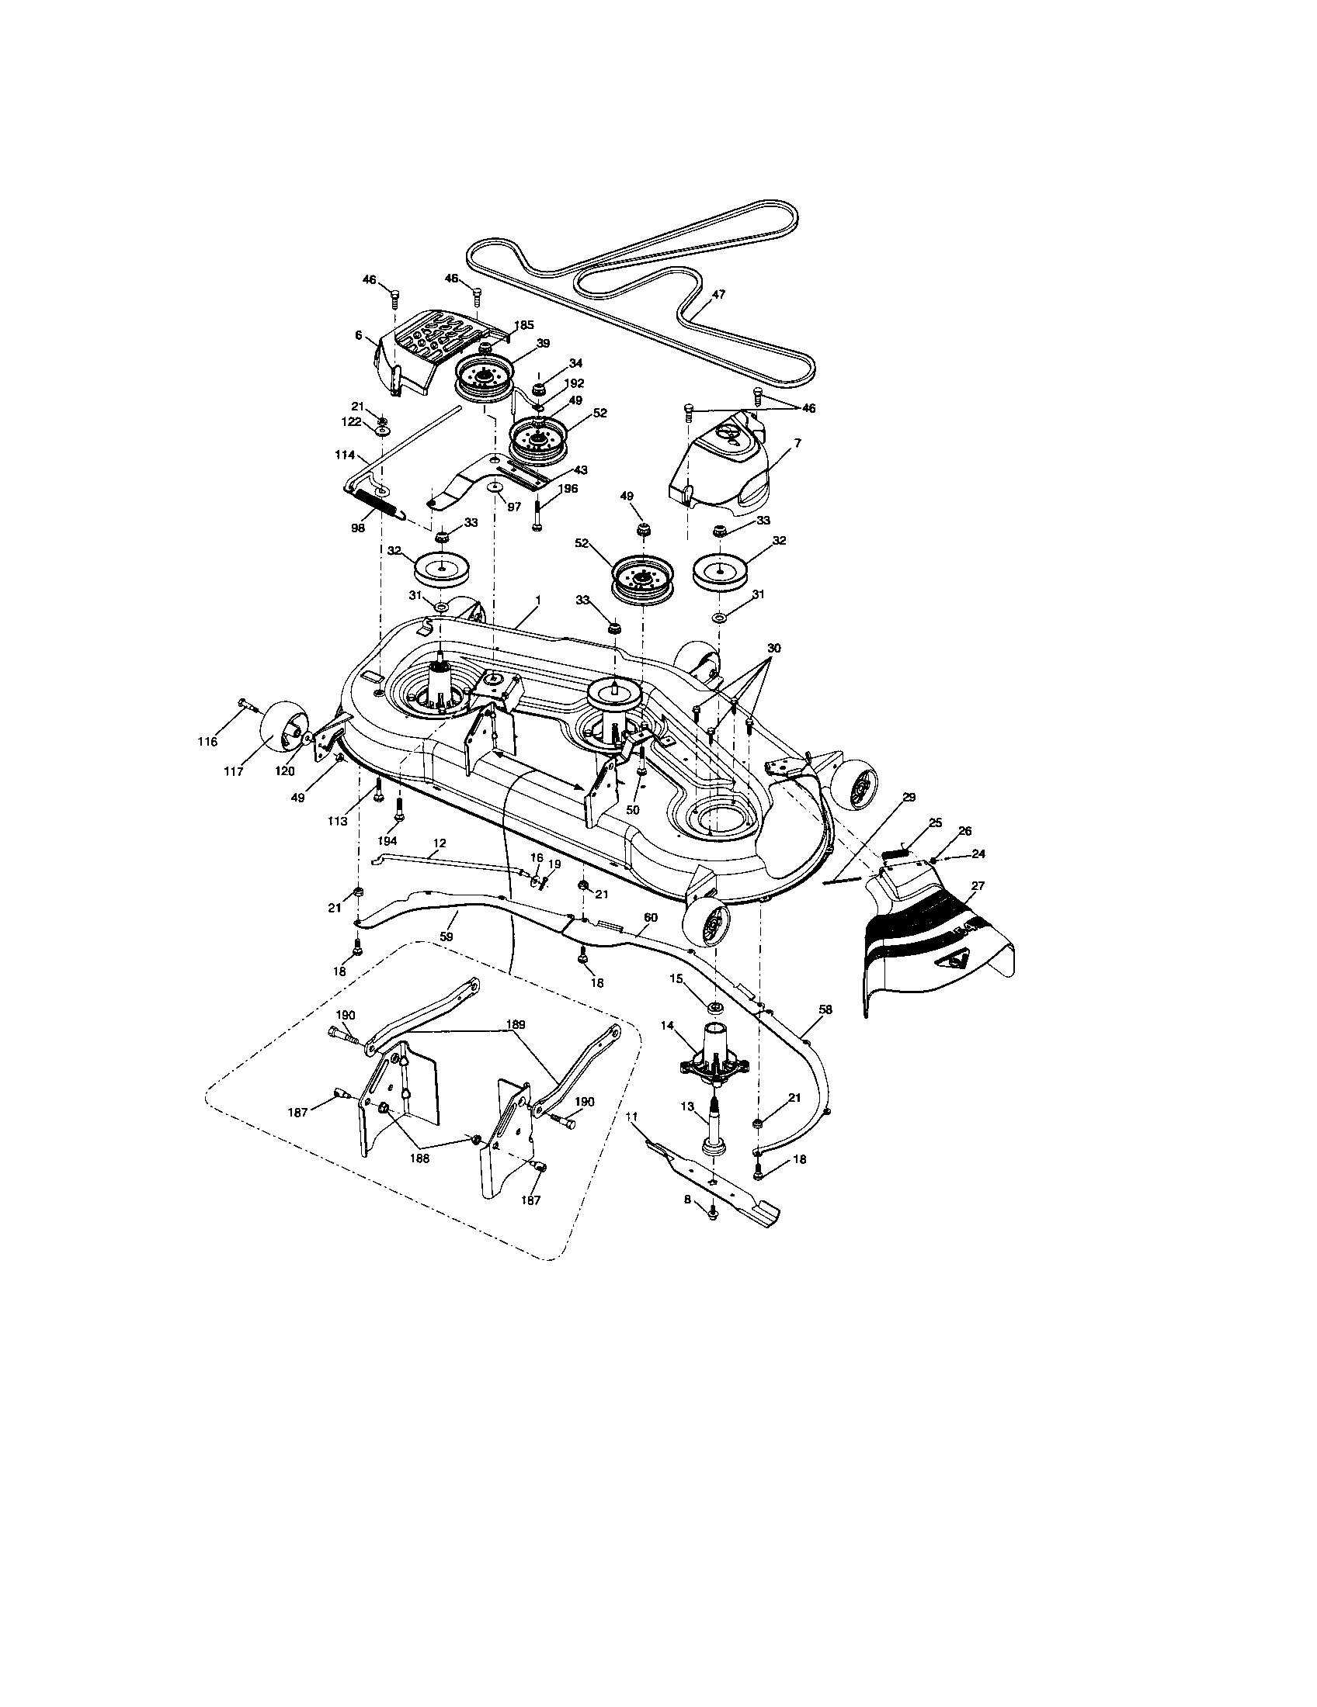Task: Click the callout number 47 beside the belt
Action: point(718,295)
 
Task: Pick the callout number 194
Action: point(387,841)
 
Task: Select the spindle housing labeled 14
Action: point(713,1059)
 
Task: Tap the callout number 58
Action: point(825,1009)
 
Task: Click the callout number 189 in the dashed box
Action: point(516,1024)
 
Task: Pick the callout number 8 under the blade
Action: point(688,1221)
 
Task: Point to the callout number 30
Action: point(773,648)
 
